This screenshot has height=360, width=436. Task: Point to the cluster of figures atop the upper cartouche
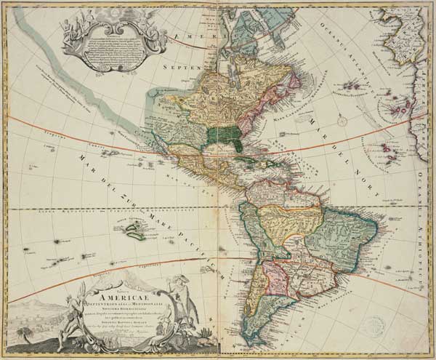point(80,15)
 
